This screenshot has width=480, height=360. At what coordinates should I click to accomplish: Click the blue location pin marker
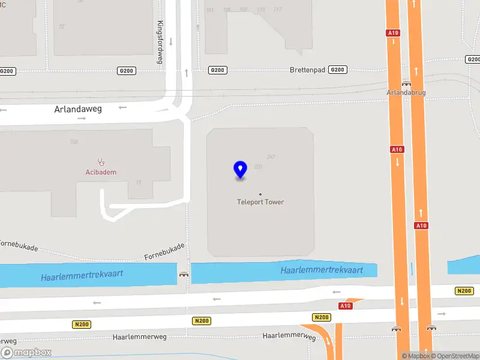pyautogui.click(x=240, y=170)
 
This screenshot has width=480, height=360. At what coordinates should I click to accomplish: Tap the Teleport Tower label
pyautogui.click(x=260, y=202)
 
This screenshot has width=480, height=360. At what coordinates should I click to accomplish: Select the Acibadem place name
pyautogui.click(x=101, y=172)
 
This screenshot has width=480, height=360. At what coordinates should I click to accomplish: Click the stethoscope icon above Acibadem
pyautogui.click(x=101, y=162)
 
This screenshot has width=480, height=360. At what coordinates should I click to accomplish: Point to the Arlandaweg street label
pyautogui.click(x=78, y=109)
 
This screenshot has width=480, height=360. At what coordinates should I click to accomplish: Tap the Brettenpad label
pyautogui.click(x=307, y=70)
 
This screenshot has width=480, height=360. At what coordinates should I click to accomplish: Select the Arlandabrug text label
pyautogui.click(x=406, y=93)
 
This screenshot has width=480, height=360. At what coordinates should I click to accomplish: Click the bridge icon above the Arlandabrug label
pyautogui.click(x=406, y=84)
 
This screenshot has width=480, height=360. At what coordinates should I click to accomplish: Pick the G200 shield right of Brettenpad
pyautogui.click(x=338, y=70)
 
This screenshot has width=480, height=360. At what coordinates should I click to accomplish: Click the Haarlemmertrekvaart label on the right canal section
pyautogui.click(x=322, y=271)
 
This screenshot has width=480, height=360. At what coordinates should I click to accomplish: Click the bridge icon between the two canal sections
pyautogui.click(x=184, y=274)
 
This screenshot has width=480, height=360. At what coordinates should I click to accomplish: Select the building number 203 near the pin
pyautogui.click(x=259, y=166)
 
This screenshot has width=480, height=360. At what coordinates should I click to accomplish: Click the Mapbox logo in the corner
pyautogui.click(x=26, y=353)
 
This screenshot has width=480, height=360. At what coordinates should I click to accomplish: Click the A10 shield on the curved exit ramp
pyautogui.click(x=345, y=306)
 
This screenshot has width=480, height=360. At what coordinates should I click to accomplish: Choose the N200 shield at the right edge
pyautogui.click(x=464, y=291)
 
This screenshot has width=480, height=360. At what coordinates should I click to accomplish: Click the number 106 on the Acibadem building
pyautogui.click(x=74, y=142)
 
